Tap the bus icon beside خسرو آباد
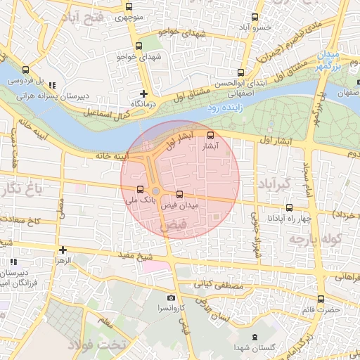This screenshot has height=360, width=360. (255, 18)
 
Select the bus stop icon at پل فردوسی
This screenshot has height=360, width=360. (26, 70)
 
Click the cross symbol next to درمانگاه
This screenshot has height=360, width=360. (144, 93)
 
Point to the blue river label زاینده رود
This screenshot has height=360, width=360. (226, 109)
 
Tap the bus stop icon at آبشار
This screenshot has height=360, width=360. (211, 135)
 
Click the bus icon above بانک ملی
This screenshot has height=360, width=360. (139, 189)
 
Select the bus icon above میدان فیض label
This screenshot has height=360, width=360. (179, 193)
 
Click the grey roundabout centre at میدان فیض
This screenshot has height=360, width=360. (155, 191)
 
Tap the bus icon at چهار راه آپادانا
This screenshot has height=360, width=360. (289, 207)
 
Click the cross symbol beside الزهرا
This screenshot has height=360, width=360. (63, 249)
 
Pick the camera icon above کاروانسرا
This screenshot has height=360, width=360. (172, 297)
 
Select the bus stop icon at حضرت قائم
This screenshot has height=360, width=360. (321, 298)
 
